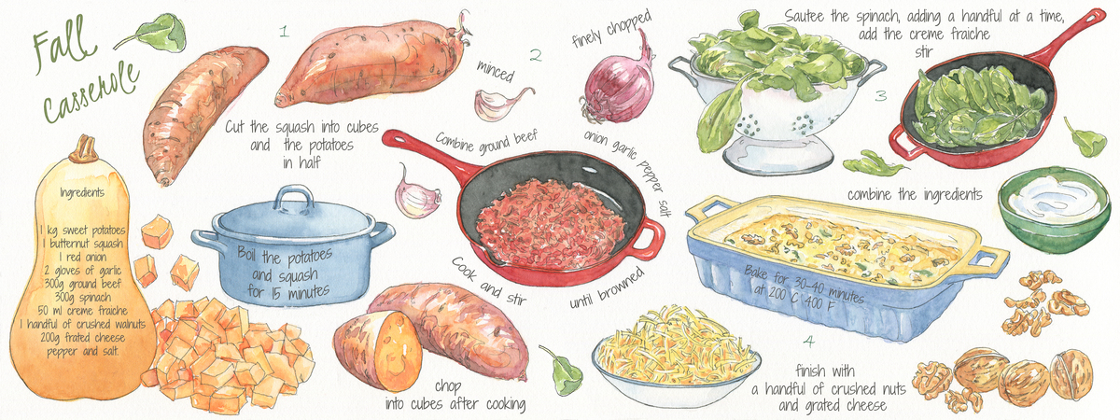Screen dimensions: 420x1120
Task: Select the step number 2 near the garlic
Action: click(536, 55)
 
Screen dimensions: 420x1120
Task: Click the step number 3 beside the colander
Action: click(881, 96)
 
